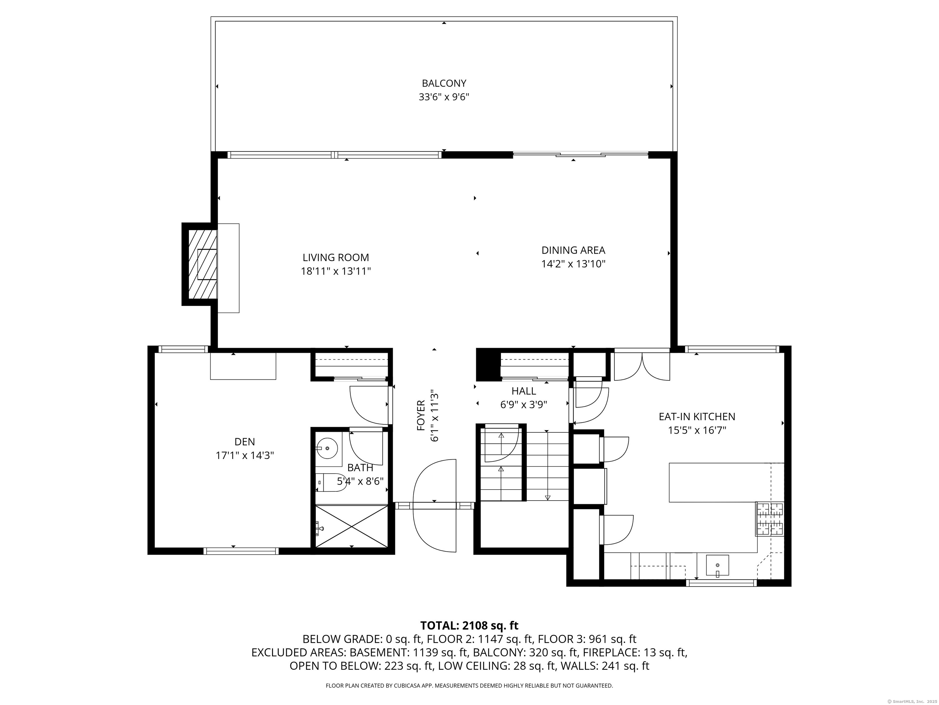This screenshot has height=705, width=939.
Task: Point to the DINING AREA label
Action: [573, 250]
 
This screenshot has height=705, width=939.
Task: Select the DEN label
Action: [245, 442]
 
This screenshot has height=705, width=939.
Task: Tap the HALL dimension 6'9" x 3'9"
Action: [523, 405]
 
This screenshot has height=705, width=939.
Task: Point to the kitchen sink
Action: [717, 565]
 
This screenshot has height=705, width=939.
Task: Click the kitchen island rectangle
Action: [720, 482]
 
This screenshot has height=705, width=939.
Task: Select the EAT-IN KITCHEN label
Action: [697, 417]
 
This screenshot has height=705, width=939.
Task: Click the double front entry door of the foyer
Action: [434, 506]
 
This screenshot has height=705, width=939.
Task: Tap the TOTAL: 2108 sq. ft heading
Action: [469, 625]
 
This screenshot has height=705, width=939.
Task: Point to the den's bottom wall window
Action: [241, 551]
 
